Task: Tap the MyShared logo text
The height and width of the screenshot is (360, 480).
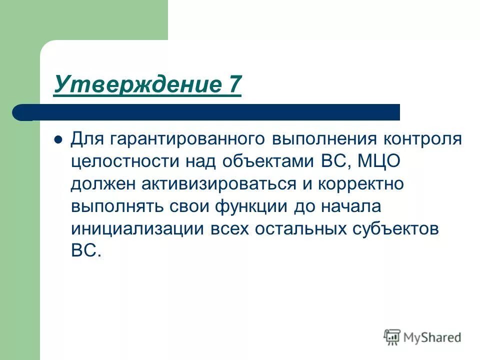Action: (432, 337)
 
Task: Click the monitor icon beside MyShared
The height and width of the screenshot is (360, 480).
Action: (392, 336)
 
